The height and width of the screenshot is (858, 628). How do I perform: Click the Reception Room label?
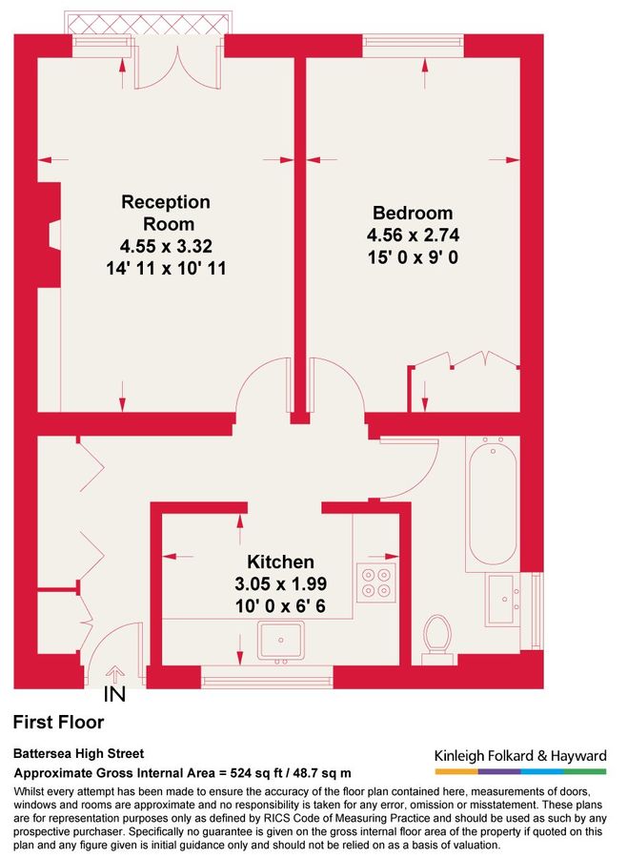[165, 213]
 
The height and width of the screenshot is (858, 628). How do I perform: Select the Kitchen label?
[280, 562]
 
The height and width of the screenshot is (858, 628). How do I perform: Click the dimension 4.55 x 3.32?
[165, 246]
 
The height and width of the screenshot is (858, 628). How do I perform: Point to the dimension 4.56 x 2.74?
[412, 234]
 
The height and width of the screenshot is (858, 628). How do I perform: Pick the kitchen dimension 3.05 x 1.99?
[280, 582]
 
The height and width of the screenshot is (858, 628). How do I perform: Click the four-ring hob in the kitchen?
[375, 582]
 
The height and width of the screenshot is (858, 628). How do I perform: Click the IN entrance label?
[113, 694]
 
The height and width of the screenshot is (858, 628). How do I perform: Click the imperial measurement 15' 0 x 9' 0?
[412, 255]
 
